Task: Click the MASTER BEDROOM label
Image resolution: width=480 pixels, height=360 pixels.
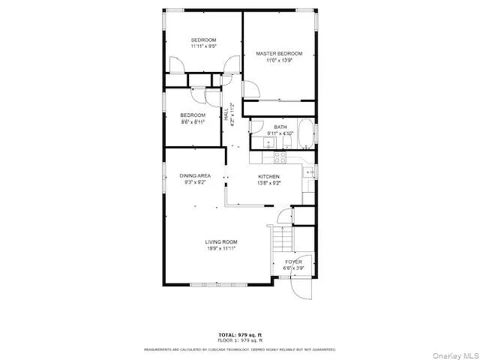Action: [279, 54]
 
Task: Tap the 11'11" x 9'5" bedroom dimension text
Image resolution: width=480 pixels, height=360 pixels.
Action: [203, 46]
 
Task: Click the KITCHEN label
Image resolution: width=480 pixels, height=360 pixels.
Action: [268, 176]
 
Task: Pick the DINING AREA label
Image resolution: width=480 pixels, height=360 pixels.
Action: [194, 175]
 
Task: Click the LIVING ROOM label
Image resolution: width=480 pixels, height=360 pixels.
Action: [221, 241]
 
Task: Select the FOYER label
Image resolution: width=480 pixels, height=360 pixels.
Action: [293, 262]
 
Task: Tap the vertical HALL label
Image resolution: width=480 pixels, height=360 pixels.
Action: [226, 115]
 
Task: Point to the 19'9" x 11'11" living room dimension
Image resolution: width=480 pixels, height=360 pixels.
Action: [221, 248]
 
